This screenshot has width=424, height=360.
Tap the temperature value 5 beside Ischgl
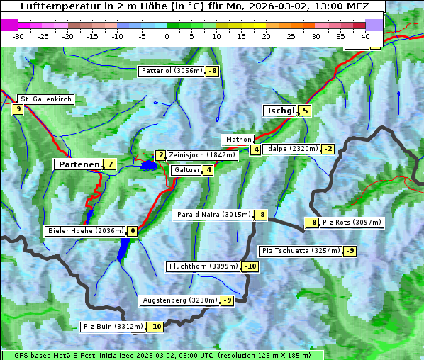(x=305, y=110)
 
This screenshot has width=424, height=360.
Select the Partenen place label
(x=79, y=164)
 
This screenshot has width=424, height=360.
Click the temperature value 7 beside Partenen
(x=109, y=164)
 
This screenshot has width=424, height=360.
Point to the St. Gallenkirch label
(x=45, y=99)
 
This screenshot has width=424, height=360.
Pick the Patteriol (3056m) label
(x=172, y=71)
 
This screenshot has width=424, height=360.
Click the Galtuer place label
(x=186, y=170)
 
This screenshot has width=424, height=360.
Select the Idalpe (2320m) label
(x=291, y=149)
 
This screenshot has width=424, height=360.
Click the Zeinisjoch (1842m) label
(x=201, y=155)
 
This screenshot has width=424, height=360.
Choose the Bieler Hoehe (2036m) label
(x=85, y=231)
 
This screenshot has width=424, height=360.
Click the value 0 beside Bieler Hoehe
(x=132, y=231)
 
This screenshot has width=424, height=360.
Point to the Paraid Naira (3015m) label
(x=213, y=215)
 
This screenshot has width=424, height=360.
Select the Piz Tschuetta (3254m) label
(x=301, y=251)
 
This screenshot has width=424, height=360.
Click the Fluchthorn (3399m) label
(x=203, y=266)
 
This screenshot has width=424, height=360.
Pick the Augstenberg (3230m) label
(x=179, y=300)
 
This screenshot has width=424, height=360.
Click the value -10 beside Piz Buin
(x=155, y=327)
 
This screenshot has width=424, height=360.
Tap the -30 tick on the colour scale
(x=18, y=35)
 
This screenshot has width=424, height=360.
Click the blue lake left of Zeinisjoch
(x=148, y=166)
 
